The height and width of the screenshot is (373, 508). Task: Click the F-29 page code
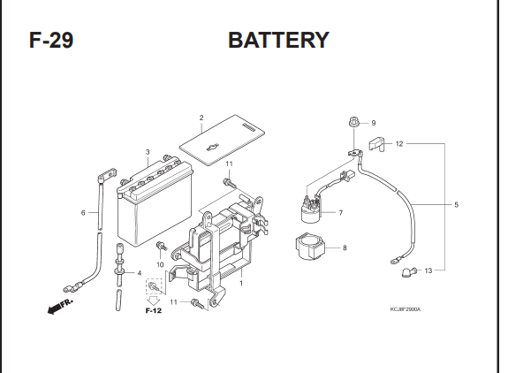click(51, 40)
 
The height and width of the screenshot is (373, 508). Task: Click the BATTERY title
click(279, 40)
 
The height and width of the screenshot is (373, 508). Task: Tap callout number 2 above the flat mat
click(201, 118)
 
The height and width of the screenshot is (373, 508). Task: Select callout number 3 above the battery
click(148, 152)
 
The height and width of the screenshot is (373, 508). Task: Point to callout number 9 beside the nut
click(374, 123)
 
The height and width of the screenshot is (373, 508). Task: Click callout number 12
click(399, 143)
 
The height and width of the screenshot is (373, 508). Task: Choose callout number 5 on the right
click(456, 205)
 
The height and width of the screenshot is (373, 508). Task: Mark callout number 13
click(428, 270)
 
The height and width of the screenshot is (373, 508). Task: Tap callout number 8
click(345, 247)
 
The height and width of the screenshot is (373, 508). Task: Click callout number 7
click(340, 213)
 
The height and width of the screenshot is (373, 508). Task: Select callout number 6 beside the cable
click(83, 213)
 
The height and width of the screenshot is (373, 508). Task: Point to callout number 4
click(140, 273)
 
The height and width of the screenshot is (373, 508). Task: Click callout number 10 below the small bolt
click(160, 265)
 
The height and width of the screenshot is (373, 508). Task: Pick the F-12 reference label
click(153, 311)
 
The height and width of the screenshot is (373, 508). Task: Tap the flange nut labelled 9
click(353, 123)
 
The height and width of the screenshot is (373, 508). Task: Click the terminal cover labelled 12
click(376, 145)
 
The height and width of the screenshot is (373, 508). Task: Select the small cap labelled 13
click(407, 272)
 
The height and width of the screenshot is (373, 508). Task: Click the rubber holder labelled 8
click(311, 247)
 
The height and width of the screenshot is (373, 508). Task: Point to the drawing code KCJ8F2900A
click(405, 309)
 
